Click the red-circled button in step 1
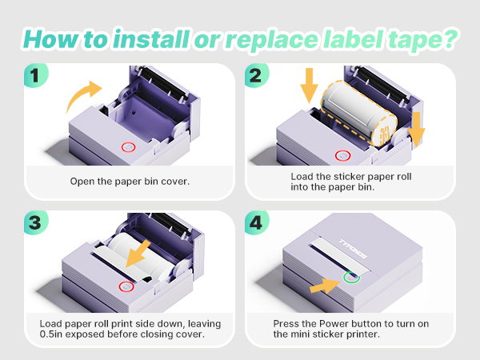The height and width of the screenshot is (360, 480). click(x=127, y=148)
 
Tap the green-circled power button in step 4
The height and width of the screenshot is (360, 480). click(x=350, y=278)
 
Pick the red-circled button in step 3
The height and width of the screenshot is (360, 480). click(x=125, y=286)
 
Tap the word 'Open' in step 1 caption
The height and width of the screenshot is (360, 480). click(x=82, y=181)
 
